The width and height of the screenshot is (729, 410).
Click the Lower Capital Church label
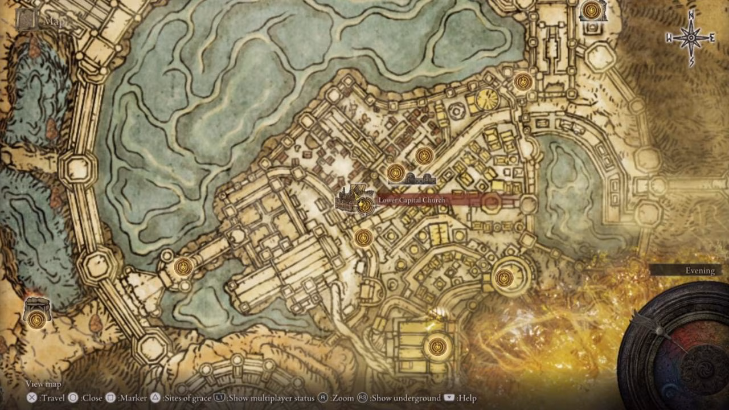click(412, 200)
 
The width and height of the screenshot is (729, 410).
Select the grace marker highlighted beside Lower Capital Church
click(365, 206)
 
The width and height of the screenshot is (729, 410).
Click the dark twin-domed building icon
click(420, 179)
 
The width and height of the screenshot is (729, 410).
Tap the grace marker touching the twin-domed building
click(396, 173)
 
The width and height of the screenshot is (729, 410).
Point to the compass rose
click(691, 38)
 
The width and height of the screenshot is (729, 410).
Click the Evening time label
click(700, 270)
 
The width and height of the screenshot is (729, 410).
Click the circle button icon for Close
click(73, 398)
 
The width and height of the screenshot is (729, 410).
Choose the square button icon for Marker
click(111, 398)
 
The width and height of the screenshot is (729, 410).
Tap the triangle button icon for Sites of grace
click(155, 398)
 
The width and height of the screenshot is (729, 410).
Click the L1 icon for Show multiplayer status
click(220, 398)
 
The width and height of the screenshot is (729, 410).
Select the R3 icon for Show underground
click(362, 398)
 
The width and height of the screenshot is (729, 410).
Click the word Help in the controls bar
click(466, 398)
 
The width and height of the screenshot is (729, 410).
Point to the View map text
click(43, 384)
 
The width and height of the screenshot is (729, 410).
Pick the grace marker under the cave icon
click(36, 319)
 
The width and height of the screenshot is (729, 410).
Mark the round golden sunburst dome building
click(487, 100)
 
